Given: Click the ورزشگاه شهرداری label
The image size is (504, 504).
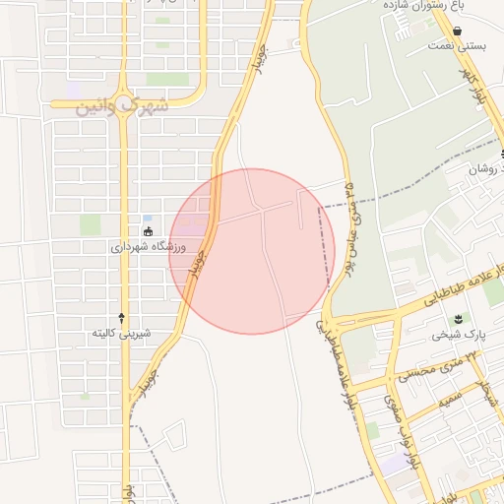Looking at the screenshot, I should (x=144, y=247).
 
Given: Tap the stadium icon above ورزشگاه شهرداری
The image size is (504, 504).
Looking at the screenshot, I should (x=148, y=232).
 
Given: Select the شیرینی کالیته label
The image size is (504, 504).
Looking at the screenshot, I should (x=121, y=333).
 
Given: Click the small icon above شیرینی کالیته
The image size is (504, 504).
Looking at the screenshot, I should (x=121, y=317).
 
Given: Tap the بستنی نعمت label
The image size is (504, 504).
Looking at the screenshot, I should (x=460, y=45).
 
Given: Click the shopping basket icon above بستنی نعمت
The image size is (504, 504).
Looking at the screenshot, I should (x=429, y=31).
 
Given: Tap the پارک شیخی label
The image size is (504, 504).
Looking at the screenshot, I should (x=458, y=335).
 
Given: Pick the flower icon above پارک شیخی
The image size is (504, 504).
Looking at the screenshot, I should (x=458, y=319).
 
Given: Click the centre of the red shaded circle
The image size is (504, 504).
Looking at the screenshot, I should (x=251, y=251).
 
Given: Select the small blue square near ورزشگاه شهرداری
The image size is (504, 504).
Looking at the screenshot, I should (x=147, y=219).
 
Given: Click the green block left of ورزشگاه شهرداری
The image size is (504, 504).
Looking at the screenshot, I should (x=91, y=224).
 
